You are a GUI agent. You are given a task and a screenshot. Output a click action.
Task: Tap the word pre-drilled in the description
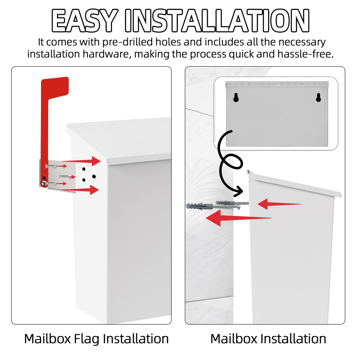[x=128, y=42]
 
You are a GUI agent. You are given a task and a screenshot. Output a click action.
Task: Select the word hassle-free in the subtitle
[x=305, y=54]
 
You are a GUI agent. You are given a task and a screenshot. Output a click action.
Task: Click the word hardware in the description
[x=106, y=55]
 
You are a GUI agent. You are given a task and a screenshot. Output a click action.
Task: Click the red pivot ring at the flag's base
[x=44, y=183]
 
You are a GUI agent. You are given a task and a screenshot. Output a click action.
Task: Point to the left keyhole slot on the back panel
[x=236, y=97]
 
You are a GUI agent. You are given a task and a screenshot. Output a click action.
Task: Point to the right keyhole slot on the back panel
[x=319, y=97]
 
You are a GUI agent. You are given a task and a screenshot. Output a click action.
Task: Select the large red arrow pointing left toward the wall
[x=238, y=218]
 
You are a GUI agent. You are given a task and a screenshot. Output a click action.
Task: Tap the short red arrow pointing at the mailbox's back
[x=279, y=204]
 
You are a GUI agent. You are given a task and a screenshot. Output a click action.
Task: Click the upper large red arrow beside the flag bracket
[x=81, y=161]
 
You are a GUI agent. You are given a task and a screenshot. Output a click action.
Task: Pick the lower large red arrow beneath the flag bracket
[x=79, y=190]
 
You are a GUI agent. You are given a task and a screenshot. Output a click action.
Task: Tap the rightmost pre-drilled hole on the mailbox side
[x=94, y=176]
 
